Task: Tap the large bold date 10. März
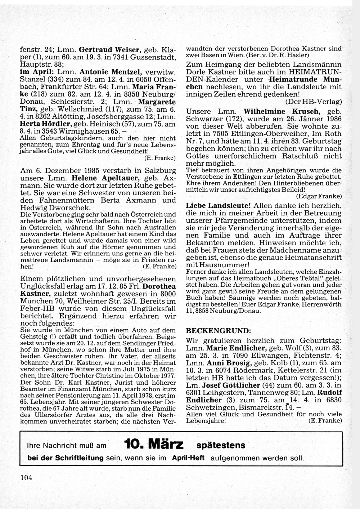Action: tap(154, 445)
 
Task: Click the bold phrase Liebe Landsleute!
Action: tap(219, 206)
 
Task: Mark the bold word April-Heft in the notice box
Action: tap(188, 458)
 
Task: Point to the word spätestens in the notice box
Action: tap(221, 445)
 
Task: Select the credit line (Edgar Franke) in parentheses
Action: tap(319, 196)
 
